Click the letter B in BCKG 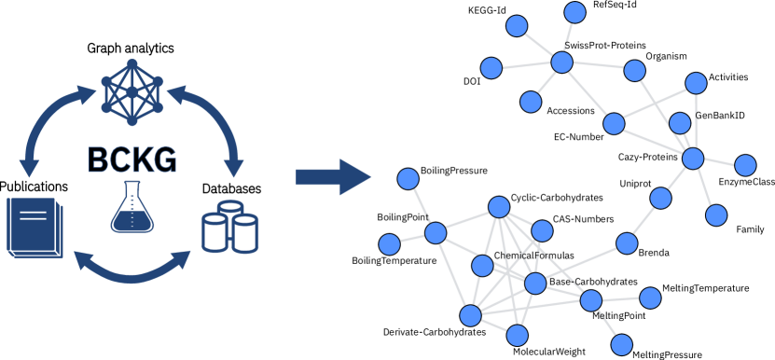click(98, 160)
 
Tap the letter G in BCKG click(165, 160)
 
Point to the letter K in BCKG click(143, 160)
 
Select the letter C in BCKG click(119, 160)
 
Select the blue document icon click(35, 227)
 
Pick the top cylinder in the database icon click(230, 209)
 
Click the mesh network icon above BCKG click(131, 91)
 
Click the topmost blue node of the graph click(575, 12)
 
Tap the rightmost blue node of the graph click(745, 165)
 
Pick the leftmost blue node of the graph click(390, 244)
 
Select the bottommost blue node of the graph click(622, 345)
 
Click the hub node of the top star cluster click(561, 62)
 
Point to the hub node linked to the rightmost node click(693, 158)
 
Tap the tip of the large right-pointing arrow click(370, 176)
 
